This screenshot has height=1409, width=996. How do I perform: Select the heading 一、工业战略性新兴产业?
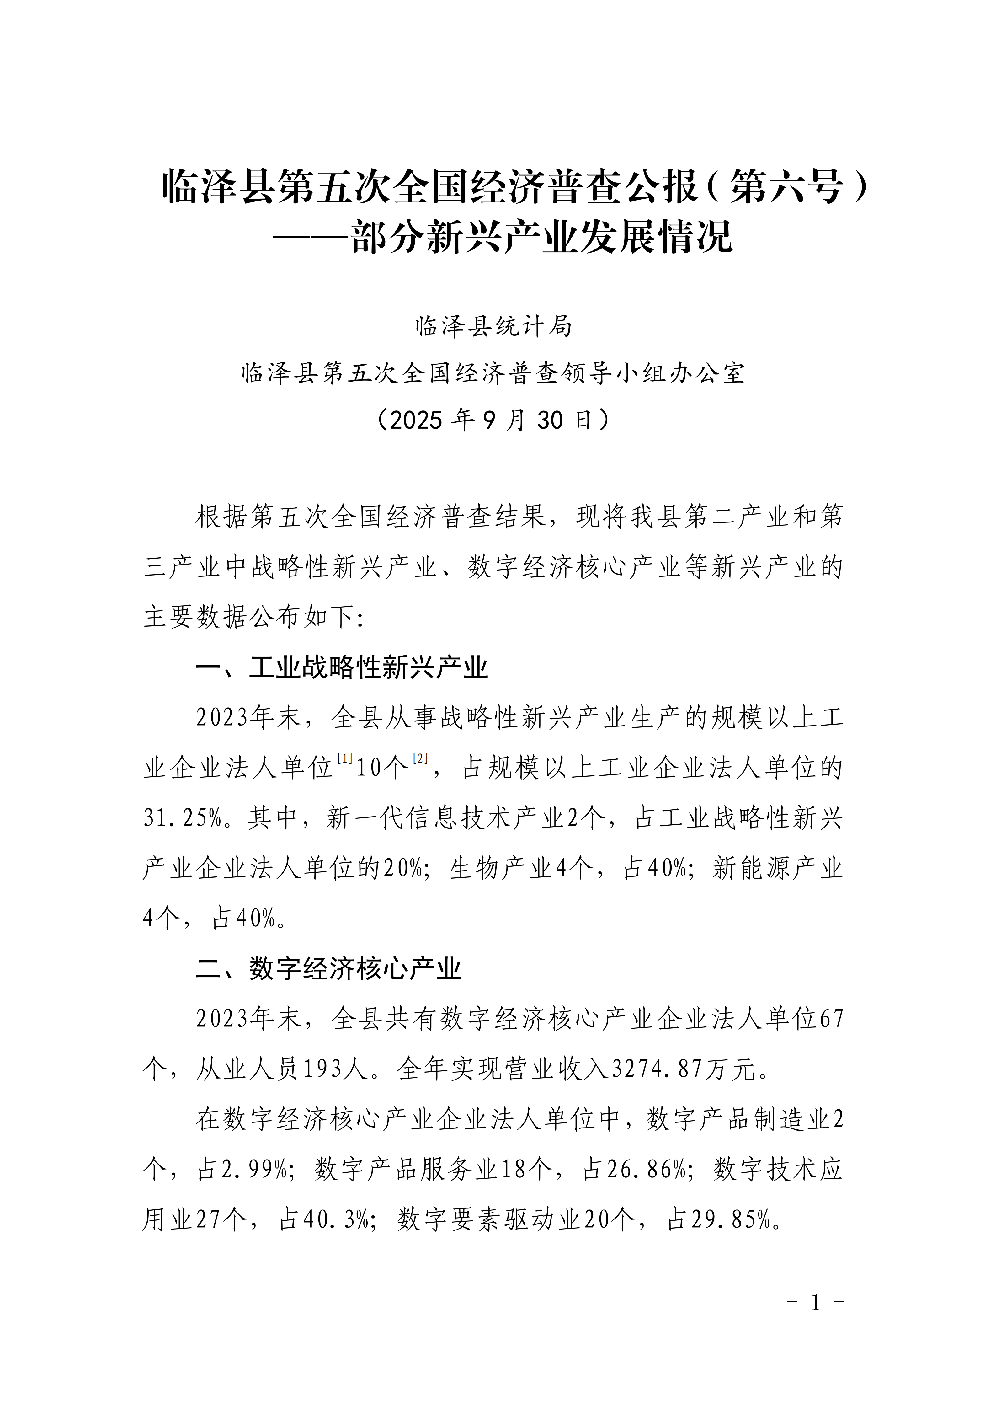click(342, 667)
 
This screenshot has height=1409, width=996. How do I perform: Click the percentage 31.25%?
click(182, 818)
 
